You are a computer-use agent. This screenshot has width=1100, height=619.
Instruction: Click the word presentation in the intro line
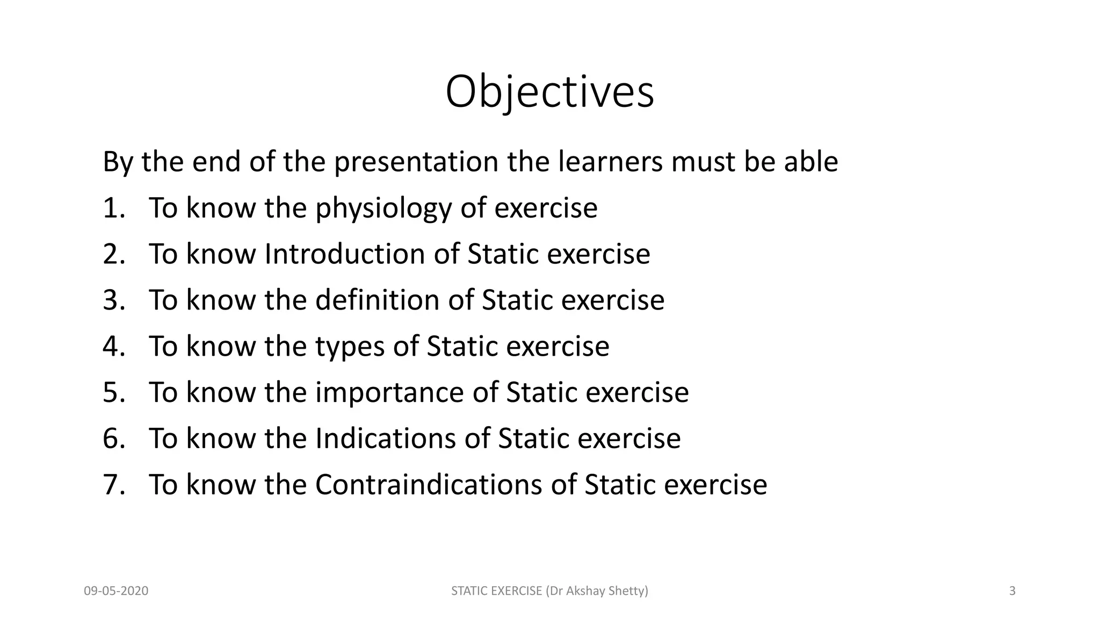click(x=416, y=162)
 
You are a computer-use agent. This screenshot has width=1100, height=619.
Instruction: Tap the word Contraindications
click(x=429, y=485)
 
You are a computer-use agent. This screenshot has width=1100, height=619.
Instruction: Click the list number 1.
click(x=113, y=208)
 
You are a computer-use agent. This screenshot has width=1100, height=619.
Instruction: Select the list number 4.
click(x=113, y=347)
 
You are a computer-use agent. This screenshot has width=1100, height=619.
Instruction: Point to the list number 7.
click(x=113, y=485)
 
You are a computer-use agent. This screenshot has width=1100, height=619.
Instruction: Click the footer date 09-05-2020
click(x=116, y=592)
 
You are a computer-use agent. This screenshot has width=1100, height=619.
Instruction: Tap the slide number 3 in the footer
click(x=1012, y=592)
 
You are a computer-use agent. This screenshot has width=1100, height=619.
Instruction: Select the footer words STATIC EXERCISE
click(x=496, y=592)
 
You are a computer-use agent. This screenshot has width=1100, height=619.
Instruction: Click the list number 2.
click(x=113, y=255)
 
